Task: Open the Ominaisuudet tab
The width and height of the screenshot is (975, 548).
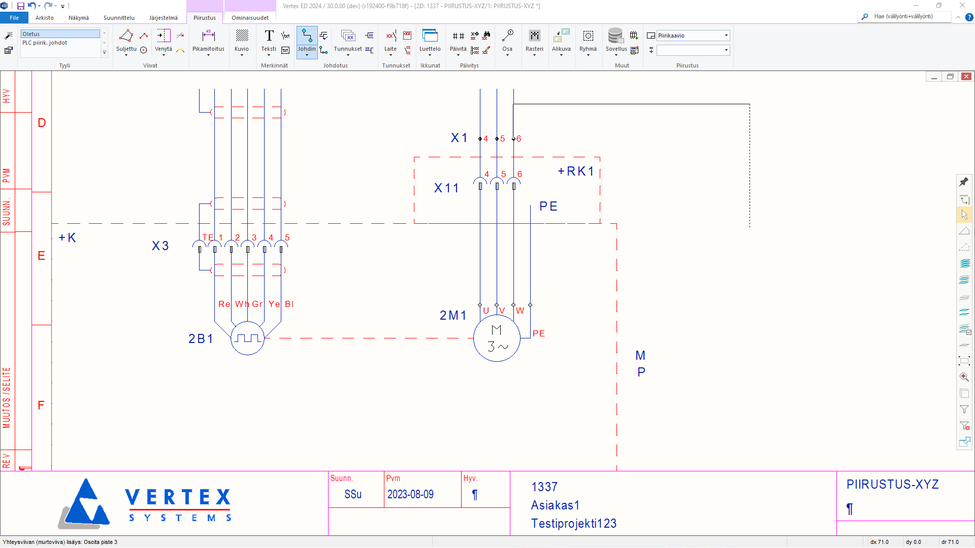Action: (250, 18)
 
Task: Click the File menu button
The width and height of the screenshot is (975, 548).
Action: (14, 18)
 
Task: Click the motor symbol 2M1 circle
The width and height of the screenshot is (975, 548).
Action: (497, 338)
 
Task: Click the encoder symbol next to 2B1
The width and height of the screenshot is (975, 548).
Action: (247, 338)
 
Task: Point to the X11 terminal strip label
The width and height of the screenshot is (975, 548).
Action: (446, 188)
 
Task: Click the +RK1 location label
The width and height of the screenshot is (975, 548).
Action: (576, 172)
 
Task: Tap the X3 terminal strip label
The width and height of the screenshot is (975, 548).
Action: (160, 246)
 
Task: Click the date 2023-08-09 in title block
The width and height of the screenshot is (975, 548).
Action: (410, 494)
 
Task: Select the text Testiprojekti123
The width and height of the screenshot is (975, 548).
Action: (573, 523)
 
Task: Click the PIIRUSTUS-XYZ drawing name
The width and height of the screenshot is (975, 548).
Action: (892, 485)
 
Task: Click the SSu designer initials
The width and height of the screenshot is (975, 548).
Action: (353, 494)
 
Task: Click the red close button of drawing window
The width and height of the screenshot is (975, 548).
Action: (966, 77)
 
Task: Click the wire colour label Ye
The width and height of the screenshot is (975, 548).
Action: (274, 304)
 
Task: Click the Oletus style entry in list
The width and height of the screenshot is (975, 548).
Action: (60, 34)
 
